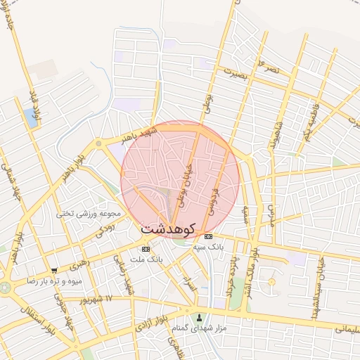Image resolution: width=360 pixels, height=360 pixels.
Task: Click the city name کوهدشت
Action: point(170,229)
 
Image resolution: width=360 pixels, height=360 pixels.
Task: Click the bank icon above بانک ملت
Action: point(146,249)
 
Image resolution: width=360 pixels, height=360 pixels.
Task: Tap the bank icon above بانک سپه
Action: point(208,236)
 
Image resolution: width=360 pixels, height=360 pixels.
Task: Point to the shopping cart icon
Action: point(54,270)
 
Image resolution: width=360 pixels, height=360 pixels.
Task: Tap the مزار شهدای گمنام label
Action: point(200,328)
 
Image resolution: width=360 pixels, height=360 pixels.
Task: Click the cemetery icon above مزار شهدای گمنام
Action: point(200,317)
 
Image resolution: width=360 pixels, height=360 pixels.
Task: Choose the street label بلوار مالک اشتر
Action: point(258,267)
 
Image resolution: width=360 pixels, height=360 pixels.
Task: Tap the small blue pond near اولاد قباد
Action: point(31,117)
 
